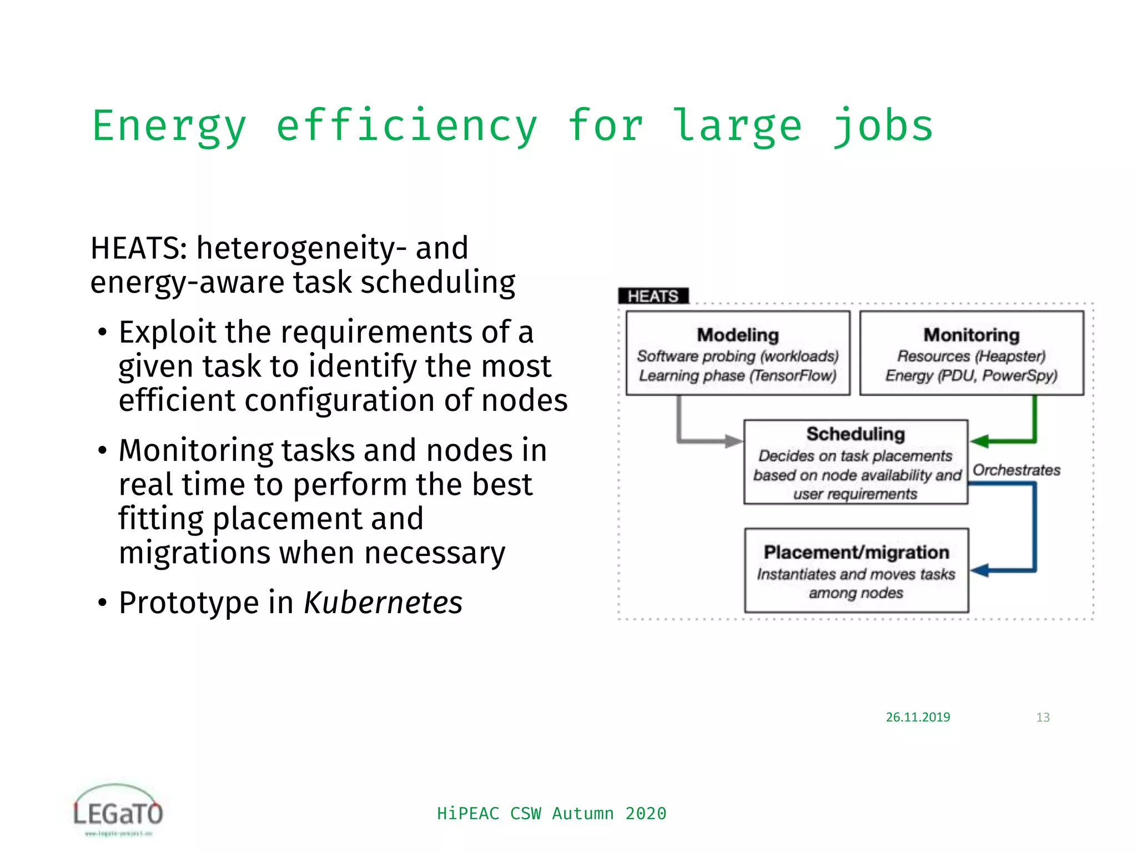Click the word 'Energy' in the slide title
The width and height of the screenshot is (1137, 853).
pos(169,127)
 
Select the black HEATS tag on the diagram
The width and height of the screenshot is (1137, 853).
pos(653,296)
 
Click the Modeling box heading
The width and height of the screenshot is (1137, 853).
pos(738,335)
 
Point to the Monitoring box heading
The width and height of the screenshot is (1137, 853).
pos(971,335)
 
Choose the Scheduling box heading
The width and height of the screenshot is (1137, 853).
pos(856,434)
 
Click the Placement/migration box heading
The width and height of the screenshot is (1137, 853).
pos(856,552)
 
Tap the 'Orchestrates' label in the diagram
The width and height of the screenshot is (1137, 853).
pos(1016,470)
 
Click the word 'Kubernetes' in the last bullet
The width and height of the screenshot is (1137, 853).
pos(383,603)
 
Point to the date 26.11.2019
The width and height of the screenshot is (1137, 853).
pos(918,717)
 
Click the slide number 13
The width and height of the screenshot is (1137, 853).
pos(1043,717)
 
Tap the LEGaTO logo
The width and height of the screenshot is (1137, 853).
pos(118,810)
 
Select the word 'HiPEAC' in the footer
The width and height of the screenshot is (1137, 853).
pos(468,814)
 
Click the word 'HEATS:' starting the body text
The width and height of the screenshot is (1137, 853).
pos(139,248)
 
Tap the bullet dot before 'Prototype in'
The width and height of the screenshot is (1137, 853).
pos(102,603)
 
